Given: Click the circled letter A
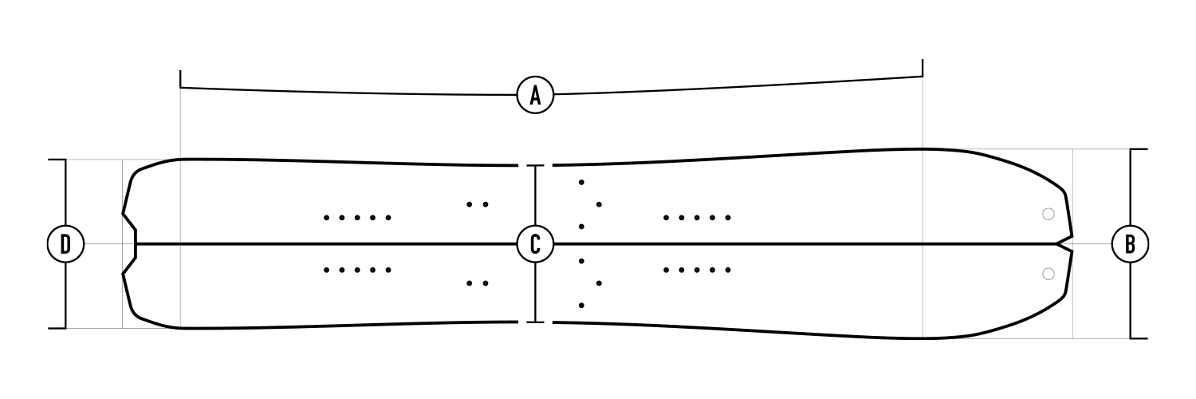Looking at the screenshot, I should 535,95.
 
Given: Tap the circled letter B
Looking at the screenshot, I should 1130,244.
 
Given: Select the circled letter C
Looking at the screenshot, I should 535,243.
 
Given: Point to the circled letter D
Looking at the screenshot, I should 66,243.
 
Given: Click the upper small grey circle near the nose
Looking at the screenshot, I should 1048,214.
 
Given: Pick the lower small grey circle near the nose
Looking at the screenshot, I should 1048,274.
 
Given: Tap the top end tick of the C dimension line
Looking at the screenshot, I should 535,166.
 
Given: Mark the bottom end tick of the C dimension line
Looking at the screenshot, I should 535,322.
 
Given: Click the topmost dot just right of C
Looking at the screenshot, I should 581,183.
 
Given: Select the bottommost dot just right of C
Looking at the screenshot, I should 581,305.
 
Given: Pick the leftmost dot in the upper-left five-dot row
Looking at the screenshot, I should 327,217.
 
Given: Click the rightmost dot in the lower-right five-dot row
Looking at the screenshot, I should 727,271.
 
